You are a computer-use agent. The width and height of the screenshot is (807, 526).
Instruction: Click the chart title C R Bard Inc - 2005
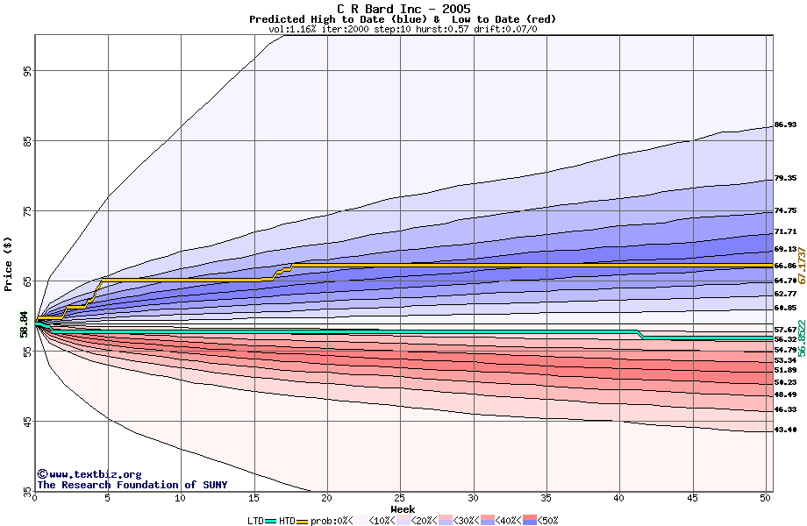click(403, 9)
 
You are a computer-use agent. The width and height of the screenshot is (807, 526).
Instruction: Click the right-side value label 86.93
click(785, 125)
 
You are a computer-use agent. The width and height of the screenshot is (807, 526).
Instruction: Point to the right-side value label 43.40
click(785, 430)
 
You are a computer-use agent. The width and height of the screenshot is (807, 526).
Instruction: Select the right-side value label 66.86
click(785, 266)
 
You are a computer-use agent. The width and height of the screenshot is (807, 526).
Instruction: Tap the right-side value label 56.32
click(785, 339)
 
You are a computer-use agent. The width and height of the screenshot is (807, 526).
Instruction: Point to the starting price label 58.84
click(25, 322)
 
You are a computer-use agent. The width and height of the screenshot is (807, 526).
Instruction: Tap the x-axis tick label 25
click(400, 498)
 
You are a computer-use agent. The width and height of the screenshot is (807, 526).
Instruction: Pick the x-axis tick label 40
click(619, 498)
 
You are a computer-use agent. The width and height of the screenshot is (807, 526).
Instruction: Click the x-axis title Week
click(403, 508)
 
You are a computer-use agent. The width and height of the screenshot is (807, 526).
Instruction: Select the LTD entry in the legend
click(256, 521)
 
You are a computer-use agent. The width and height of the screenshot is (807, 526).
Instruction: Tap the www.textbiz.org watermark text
click(89, 474)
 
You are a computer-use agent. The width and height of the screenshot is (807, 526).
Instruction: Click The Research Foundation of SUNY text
click(132, 485)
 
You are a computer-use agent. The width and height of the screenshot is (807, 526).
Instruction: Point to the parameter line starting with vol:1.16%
click(403, 29)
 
